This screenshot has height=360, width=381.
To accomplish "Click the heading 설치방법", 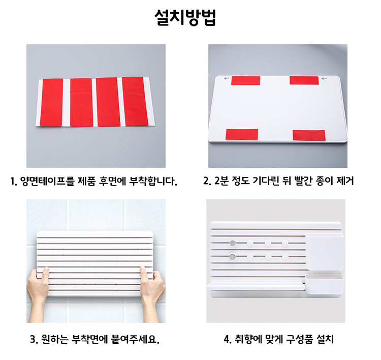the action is pos(185,17).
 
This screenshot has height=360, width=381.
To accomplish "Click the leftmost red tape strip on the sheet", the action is pos(51,102).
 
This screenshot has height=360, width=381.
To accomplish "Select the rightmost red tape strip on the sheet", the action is pos(135,101).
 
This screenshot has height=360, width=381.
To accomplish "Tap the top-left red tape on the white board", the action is pos(246,80).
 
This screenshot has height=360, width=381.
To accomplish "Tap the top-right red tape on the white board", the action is pos(304,80).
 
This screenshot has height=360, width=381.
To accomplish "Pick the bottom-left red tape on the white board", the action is pos(242,134).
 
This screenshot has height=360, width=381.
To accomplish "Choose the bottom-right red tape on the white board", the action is pos(309,135).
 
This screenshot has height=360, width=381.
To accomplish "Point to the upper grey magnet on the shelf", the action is pos(233,243).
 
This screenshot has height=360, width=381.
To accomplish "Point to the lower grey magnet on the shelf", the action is pos(233,256).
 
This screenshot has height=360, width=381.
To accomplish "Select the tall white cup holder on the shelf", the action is pos(325,252).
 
